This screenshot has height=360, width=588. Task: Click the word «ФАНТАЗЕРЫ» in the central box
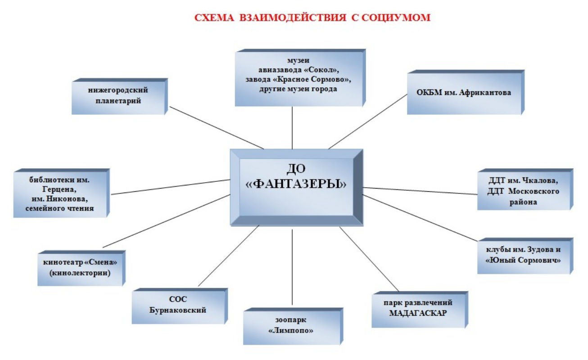click(x=296, y=184)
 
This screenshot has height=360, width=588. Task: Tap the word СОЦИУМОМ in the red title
click(x=396, y=18)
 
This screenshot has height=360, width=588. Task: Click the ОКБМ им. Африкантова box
click(x=466, y=92)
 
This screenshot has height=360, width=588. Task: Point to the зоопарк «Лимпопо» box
click(x=293, y=326)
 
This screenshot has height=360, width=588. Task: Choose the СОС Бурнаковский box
click(x=180, y=306)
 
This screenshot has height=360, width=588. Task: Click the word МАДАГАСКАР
click(x=418, y=313)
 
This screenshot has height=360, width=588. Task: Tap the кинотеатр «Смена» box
click(x=81, y=268)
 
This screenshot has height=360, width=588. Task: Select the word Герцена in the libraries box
click(x=59, y=189)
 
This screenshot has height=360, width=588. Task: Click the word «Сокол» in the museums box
click(x=321, y=70)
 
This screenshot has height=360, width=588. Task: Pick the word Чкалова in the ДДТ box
click(x=540, y=180)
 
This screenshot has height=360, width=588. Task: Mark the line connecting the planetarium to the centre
click(x=217, y=128)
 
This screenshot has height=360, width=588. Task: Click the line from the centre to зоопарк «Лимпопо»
click(x=292, y=267)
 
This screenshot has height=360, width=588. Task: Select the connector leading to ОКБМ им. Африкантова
click(x=368, y=121)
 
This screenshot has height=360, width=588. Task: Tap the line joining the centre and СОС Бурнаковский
click(x=228, y=256)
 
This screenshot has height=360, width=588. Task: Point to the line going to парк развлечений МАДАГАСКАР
click(x=369, y=259)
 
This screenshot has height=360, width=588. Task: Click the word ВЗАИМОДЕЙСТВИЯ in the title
click(x=293, y=18)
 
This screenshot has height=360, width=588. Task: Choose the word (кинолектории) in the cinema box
click(x=80, y=273)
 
